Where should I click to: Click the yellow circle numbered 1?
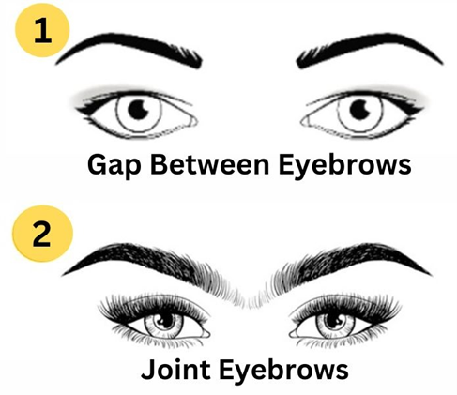(42, 30)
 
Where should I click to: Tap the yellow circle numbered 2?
(42, 234)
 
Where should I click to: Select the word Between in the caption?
(209, 164)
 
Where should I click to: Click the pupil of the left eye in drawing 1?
(138, 109)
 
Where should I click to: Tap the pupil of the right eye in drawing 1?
(360, 109)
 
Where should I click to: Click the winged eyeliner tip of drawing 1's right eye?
(422, 109)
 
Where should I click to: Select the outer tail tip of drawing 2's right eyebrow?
(432, 275)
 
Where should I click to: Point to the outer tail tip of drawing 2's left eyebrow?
(62, 275)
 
